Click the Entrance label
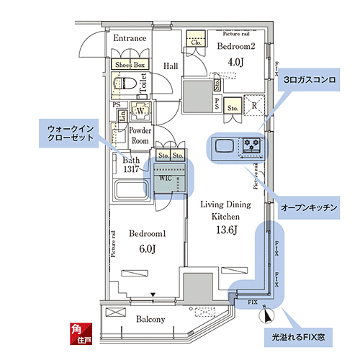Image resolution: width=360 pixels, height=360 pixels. (130, 39)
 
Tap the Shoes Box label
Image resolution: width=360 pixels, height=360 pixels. (130, 65)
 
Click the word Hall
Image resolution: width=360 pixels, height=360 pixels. (171, 66)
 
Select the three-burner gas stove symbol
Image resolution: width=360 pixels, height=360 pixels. (252, 145)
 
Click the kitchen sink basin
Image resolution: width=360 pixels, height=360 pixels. (223, 147)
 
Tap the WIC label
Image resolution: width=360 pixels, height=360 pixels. (165, 176)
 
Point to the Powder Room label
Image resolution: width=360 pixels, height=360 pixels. (140, 135)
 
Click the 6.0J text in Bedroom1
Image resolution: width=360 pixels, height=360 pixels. (148, 248)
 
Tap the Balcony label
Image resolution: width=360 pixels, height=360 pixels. (150, 319)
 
